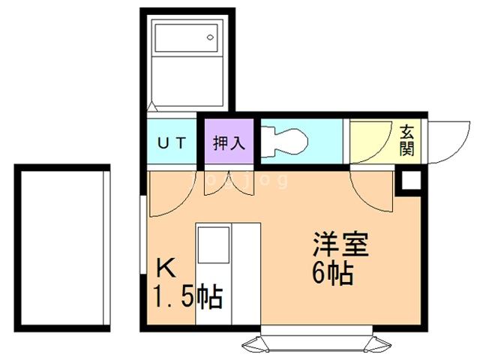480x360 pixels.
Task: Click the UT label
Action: click(172, 143)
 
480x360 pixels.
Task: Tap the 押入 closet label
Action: click(226, 143)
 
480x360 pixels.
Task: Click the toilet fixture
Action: click(286, 140)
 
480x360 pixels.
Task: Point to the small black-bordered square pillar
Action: click(409, 181)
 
